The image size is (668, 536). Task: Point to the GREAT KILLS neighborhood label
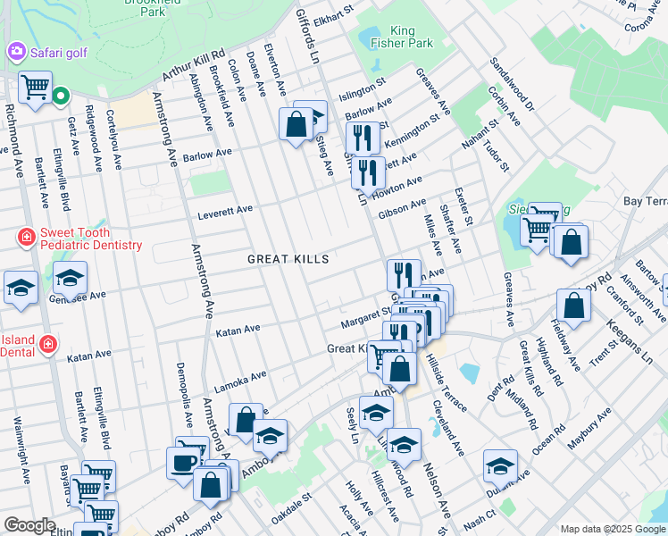[288, 259]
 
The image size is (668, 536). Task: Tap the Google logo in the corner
[29, 525]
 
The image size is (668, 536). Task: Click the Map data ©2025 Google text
[612, 529]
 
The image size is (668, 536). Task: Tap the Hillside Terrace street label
[446, 380]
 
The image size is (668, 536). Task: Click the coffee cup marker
[184, 462]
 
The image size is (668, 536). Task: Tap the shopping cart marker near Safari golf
[36, 88]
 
